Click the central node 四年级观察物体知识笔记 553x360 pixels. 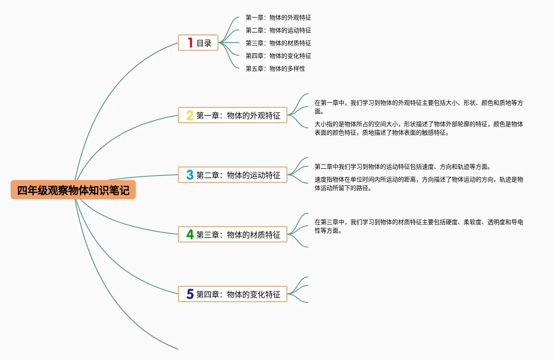point(73,190)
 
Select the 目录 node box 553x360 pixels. point(198,43)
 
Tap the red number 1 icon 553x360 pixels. point(190,43)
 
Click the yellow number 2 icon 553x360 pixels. point(190,115)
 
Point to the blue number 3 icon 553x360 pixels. point(190,175)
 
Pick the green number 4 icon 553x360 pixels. point(190,234)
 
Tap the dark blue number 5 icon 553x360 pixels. point(190,294)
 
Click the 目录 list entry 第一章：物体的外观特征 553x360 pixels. point(278,17)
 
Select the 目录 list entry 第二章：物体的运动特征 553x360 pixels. point(278,30)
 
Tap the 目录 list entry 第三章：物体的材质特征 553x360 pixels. point(278,43)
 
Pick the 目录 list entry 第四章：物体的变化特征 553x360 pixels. point(278,56)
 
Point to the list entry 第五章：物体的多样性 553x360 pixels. point(275,69)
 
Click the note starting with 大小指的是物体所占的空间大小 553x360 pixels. point(418,128)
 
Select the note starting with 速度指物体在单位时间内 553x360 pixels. point(418,184)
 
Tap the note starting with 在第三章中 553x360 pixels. point(418,226)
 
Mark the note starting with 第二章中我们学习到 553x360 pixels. point(402,167)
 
